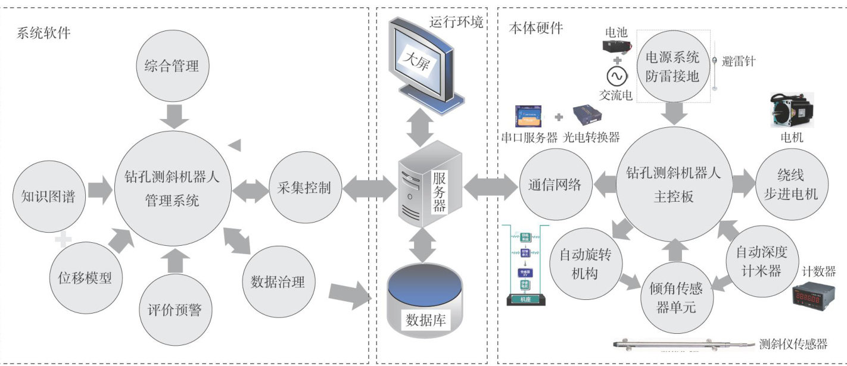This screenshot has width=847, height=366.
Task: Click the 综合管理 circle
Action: coord(172,66)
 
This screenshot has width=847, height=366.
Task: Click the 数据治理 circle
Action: coord(278,281)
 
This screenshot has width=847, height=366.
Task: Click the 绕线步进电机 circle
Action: coord(791,185)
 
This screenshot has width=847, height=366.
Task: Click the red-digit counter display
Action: coord(812,296)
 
